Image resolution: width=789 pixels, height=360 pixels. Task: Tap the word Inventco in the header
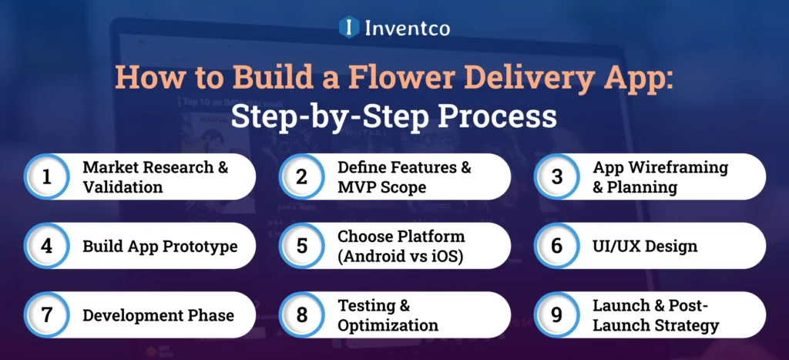[407, 28]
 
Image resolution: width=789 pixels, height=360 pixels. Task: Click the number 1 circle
[46, 177]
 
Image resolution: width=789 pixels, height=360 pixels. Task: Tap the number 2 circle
[301, 177]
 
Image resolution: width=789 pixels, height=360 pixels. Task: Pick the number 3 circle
[556, 177]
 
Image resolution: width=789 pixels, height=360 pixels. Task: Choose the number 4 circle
[46, 246]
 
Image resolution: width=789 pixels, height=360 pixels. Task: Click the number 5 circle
[301, 246]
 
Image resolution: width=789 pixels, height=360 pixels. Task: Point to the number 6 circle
[556, 246]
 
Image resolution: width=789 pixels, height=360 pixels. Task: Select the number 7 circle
[46, 315]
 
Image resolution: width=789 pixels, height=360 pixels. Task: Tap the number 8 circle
[301, 315]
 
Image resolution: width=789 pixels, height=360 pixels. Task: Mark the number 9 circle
[556, 315]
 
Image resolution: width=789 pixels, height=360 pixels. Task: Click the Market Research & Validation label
[155, 177]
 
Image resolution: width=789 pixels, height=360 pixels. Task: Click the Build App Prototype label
[159, 247]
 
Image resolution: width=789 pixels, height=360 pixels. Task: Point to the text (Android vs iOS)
[401, 256]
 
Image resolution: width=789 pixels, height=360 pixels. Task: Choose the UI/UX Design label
[644, 247]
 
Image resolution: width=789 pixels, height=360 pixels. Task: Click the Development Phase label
[158, 315]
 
